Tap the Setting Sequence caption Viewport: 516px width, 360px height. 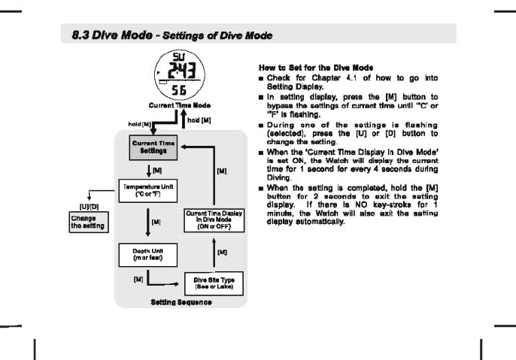point(181,302)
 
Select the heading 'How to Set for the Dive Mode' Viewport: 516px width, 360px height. point(305,67)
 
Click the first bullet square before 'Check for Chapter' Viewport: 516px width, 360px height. point(261,77)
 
